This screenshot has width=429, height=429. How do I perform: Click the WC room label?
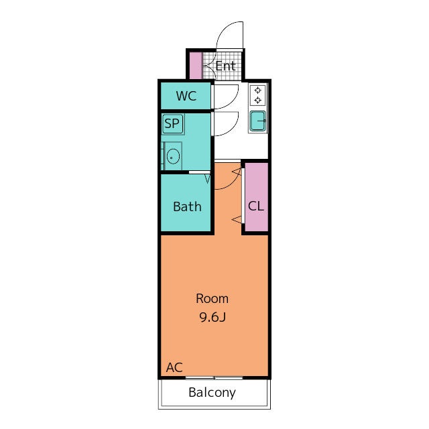tap(186, 96)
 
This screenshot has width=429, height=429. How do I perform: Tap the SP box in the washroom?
tap(173, 123)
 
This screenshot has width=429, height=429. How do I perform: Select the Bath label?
tap(188, 206)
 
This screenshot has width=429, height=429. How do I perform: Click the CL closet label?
tap(256, 206)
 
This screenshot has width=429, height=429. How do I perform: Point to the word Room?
tap(212, 298)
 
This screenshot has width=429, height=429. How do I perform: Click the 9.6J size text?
tap(212, 317)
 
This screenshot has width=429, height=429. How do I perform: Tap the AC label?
tap(174, 367)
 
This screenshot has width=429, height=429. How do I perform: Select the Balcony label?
tap(212, 393)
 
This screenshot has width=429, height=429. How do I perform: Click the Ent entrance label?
tap(225, 66)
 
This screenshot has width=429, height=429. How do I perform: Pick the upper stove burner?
tap(257, 90)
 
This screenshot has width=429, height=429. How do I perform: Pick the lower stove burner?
tap(257, 100)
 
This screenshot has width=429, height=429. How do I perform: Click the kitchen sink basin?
tap(258, 121)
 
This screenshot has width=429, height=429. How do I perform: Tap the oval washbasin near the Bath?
tap(173, 156)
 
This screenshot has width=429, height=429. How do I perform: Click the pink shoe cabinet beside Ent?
tap(196, 66)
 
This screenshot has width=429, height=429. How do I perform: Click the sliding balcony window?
tap(214, 378)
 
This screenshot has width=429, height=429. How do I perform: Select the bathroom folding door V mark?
tap(208, 180)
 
